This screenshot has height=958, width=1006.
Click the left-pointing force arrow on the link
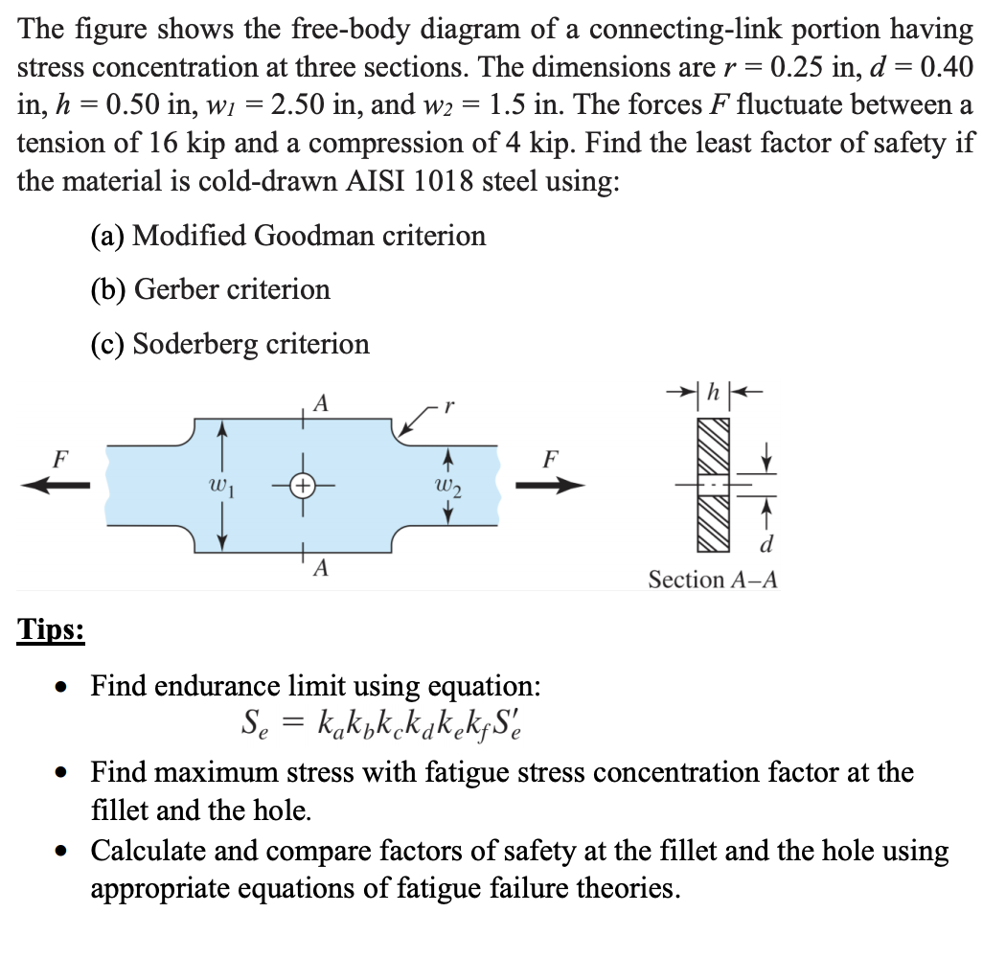pyautogui.click(x=57, y=486)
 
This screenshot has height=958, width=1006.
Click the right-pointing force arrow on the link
pyautogui.click(x=550, y=486)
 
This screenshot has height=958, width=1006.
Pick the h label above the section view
pyautogui.click(x=711, y=393)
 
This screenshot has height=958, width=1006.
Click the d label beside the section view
pyautogui.click(x=765, y=545)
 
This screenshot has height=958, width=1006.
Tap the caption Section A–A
pyautogui.click(x=713, y=579)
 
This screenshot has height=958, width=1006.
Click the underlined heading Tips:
pyautogui.click(x=52, y=631)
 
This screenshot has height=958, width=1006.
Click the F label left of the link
pyautogui.click(x=58, y=457)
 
